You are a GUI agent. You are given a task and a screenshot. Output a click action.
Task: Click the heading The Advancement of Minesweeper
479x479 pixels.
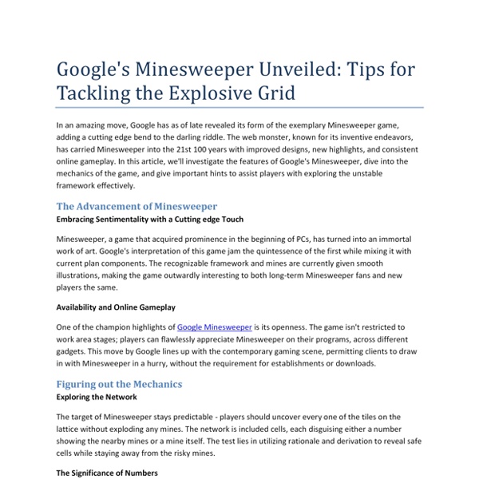click(x=137, y=205)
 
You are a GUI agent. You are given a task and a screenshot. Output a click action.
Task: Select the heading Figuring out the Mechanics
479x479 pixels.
click(x=119, y=384)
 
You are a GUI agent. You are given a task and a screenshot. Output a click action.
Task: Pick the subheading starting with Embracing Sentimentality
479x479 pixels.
click(x=150, y=218)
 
